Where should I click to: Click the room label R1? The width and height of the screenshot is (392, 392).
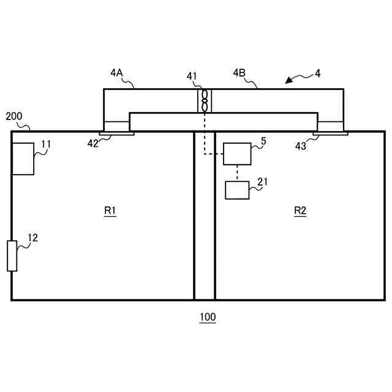click(110, 211)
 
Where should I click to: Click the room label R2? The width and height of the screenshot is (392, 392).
click(300, 211)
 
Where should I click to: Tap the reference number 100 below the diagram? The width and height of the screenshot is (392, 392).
click(208, 317)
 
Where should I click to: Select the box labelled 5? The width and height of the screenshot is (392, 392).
click(237, 154)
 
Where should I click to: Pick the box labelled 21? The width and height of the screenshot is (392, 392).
click(238, 190)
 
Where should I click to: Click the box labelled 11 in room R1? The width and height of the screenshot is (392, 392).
click(23, 159)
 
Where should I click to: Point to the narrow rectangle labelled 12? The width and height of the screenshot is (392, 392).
click(12, 256)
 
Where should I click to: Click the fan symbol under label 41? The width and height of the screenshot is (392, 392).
click(205, 101)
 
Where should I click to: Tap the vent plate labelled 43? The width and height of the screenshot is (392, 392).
click(331, 132)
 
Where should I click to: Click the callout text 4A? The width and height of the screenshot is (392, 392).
click(117, 73)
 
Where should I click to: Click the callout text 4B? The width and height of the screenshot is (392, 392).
click(239, 73)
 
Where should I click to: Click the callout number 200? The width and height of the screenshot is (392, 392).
click(14, 116)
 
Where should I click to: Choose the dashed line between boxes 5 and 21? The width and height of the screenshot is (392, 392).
click(237, 173)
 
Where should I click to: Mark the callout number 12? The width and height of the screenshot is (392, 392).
click(32, 238)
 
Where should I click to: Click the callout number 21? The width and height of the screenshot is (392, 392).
click(263, 181)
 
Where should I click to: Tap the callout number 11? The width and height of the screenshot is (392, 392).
click(46, 145)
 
